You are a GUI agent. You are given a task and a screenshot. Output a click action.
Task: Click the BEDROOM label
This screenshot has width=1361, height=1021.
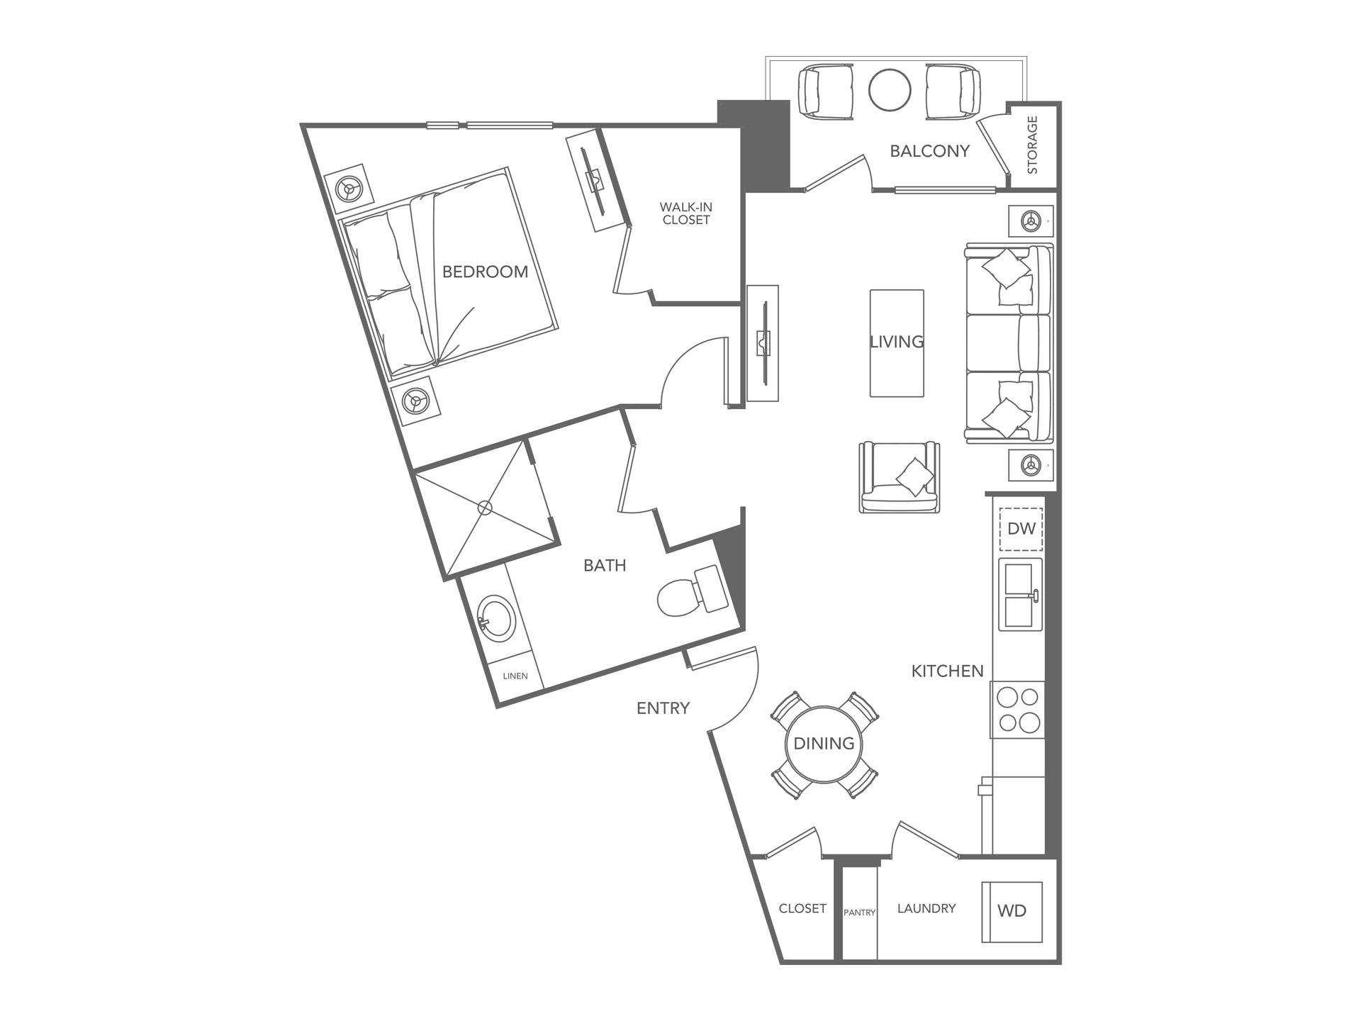485,272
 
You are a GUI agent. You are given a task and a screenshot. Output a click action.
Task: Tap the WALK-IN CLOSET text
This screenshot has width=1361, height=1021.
685,213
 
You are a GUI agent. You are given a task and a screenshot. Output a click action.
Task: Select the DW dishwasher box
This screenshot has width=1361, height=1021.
1021,529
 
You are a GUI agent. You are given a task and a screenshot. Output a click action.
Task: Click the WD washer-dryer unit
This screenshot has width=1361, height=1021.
1012,911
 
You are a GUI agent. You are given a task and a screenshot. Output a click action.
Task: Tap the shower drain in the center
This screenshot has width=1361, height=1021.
485,508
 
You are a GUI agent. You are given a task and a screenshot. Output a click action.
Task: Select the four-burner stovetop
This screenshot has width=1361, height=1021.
1019,710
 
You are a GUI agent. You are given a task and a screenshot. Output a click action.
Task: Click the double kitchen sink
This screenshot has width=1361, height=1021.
1020,594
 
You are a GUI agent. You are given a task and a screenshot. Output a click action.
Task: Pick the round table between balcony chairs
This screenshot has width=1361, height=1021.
890,89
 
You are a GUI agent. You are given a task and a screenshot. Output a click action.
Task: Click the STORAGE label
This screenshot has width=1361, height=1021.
1032,145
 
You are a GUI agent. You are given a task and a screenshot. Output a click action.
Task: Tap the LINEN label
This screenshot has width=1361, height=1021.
515,676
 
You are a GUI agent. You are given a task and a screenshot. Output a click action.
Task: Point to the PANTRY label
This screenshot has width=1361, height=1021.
859,913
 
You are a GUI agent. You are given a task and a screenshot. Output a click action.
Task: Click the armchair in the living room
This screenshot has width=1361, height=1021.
900,478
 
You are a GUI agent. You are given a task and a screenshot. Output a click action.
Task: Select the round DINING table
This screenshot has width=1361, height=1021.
824,744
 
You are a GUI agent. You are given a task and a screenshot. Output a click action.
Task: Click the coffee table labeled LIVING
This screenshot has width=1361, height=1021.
897,342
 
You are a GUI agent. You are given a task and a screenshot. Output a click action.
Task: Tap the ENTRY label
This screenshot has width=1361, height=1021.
663,708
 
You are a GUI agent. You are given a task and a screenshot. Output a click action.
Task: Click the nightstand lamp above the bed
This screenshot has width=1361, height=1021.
348,189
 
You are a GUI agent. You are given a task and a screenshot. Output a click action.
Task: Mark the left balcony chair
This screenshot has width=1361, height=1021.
825,90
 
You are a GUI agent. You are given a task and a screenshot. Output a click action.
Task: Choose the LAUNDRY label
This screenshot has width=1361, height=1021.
926,908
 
